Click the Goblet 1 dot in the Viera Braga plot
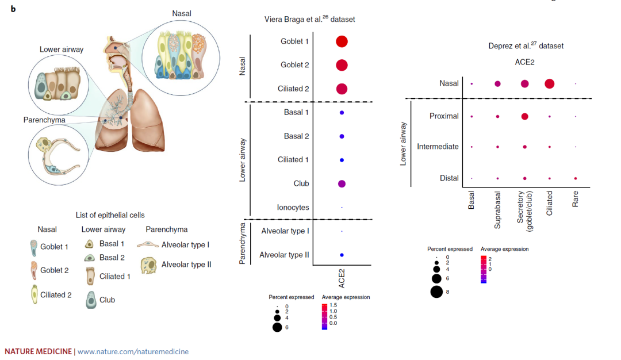pyautogui.click(x=342, y=41)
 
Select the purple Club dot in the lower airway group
pyautogui.click(x=342, y=183)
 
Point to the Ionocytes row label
pyautogui.click(x=293, y=207)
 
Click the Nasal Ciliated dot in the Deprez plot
pyautogui.click(x=549, y=84)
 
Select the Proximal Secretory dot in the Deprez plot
pyautogui.click(x=524, y=116)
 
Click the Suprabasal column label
pyautogui.click(x=498, y=210)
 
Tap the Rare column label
pyautogui.click(x=576, y=200)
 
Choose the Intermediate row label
pyautogui.click(x=438, y=147)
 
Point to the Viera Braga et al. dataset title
pyautogui.click(x=309, y=19)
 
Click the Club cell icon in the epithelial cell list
pyautogui.click(x=91, y=300)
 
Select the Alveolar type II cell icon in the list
pyautogui.click(x=149, y=265)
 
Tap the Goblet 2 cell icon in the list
pyautogui.click(x=32, y=270)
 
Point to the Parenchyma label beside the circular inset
pyautogui.click(x=44, y=120)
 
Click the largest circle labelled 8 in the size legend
pyautogui.click(x=436, y=292)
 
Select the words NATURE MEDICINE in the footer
pyautogui.click(x=39, y=351)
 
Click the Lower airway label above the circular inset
pyautogui.click(x=62, y=49)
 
